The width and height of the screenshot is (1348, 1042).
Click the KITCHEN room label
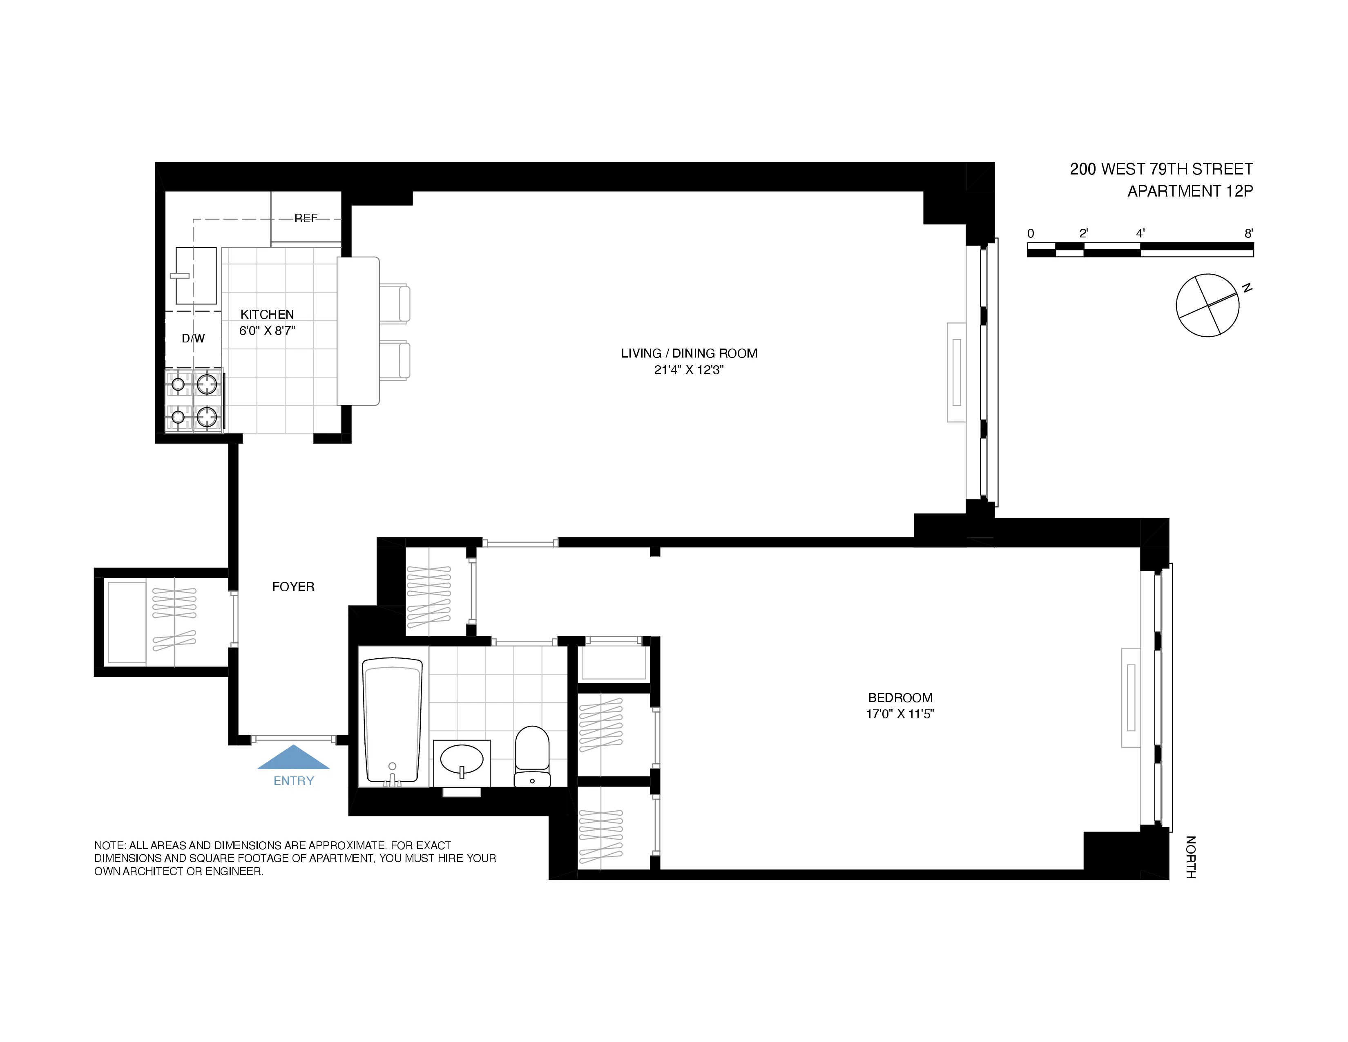(267, 314)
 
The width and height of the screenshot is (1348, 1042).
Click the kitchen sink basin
(196, 276)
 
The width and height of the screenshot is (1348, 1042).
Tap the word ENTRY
(293, 781)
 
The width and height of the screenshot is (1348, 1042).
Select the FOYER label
(293, 586)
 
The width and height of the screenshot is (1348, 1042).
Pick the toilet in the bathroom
(532, 757)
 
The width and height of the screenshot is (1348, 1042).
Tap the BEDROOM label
(900, 698)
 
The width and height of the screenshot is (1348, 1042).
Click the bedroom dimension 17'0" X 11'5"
(900, 714)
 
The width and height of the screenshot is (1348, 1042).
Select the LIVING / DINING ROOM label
(689, 353)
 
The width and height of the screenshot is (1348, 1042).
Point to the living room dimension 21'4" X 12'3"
(689, 370)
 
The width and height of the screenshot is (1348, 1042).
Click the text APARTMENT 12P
(1190, 191)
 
